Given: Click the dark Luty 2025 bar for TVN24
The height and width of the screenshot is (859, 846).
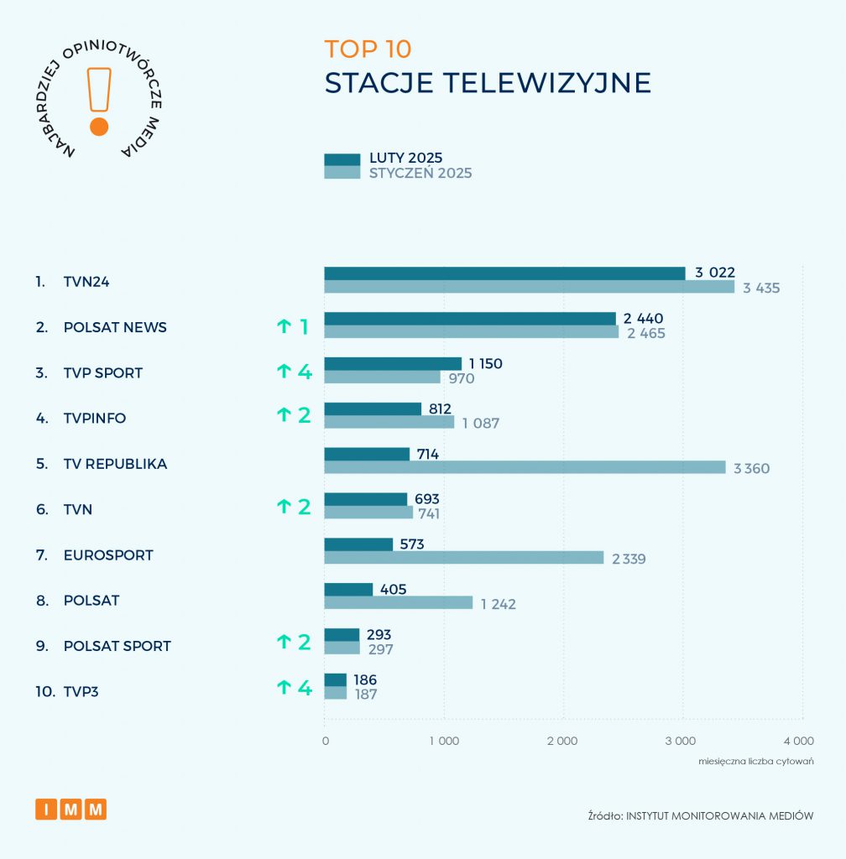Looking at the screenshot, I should pos(504,273).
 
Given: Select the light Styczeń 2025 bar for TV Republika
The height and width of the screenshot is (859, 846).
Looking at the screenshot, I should pos(525,467).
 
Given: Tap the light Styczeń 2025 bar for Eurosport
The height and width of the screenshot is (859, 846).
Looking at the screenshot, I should pos(464,558).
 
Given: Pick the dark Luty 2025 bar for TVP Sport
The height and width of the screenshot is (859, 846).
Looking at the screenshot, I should pos(393,364).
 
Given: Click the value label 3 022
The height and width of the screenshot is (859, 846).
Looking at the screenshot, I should pos(715,273).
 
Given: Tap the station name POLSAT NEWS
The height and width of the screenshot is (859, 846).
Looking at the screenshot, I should pos(115,327).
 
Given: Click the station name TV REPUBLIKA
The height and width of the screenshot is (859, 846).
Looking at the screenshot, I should pos(115,464).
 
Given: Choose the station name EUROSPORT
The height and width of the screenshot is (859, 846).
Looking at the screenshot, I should pos(108,555).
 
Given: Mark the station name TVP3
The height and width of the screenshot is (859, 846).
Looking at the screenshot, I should pos(81,692).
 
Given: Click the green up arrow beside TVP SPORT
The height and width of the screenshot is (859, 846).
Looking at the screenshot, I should pos(284,372).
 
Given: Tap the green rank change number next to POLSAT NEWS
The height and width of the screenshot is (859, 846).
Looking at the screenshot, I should pos(305,327).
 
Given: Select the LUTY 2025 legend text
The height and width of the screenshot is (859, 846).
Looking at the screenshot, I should pos(406,159).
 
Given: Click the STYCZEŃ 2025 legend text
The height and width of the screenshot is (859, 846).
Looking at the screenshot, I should pos(420,174).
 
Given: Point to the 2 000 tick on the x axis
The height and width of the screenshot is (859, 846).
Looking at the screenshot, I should pos(562,741).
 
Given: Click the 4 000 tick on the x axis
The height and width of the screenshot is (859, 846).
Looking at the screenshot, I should pos(799,741).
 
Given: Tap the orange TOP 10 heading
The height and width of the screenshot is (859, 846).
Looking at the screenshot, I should pos(368,49).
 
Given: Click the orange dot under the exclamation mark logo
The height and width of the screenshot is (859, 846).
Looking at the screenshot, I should pos(99,127).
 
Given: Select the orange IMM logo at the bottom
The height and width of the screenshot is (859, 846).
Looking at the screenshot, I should pos(71,810).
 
